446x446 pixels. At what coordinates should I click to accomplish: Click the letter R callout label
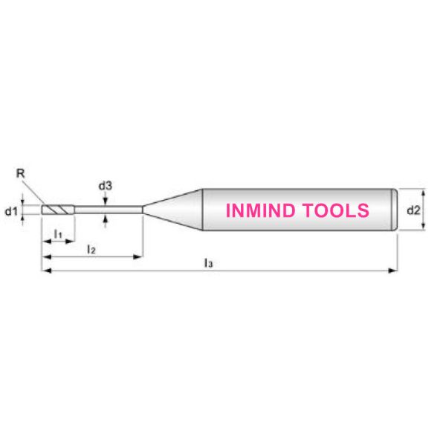click(21, 173)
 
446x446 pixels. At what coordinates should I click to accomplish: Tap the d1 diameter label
click(11, 211)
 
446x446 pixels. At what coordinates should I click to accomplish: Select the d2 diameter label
click(413, 210)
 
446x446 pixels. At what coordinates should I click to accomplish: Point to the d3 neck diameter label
click(106, 186)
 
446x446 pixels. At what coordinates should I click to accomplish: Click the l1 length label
click(58, 234)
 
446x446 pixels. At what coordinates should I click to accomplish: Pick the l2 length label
click(91, 250)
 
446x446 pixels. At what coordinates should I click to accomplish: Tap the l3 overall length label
click(208, 263)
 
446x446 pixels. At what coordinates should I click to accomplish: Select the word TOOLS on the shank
click(335, 210)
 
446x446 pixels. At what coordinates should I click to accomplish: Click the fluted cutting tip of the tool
click(58, 210)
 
